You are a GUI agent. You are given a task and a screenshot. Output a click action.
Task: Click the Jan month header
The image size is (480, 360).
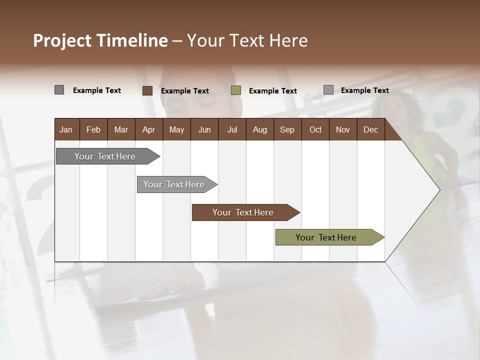click(66, 129)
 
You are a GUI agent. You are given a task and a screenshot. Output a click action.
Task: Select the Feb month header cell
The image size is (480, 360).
click(93, 129)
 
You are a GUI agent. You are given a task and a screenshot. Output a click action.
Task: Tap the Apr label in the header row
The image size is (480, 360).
click(148, 129)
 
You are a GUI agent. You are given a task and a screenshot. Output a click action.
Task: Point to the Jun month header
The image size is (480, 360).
click(204, 129)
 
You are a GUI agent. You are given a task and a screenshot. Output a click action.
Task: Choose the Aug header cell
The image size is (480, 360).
click(259, 129)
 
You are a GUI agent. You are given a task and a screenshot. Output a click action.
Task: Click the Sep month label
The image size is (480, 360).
click(287, 129)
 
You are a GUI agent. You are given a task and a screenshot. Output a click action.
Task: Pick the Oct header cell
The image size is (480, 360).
click(315, 129)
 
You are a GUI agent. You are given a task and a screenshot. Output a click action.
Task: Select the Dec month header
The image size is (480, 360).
click(370, 129)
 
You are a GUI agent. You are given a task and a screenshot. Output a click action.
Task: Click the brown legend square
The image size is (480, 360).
click(147, 90)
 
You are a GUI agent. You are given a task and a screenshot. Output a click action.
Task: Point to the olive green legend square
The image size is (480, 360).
click(236, 90)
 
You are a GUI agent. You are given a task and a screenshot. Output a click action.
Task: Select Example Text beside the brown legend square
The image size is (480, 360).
click(184, 91)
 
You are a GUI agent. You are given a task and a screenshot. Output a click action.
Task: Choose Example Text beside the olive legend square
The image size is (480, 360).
click(272, 91)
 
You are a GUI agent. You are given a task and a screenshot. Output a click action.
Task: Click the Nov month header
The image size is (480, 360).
click(343, 129)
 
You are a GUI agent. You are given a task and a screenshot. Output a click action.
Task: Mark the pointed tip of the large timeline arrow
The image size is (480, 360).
click(439, 189)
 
